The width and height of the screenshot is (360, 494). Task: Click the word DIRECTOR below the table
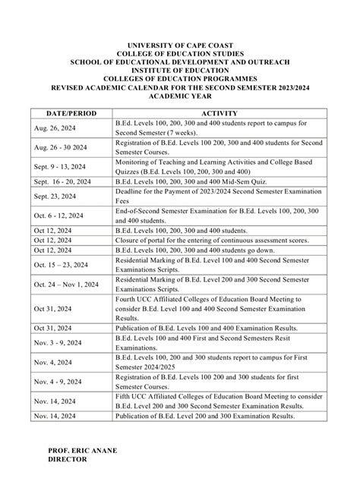(68, 458)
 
